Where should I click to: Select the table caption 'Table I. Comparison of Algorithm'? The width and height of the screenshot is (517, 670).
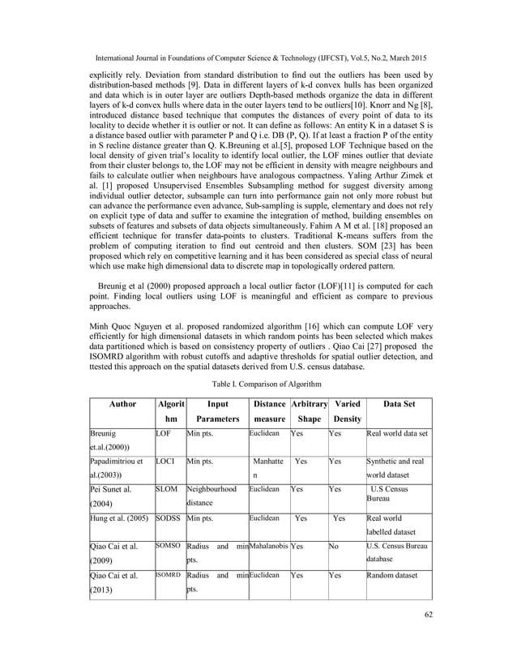[x=258, y=382]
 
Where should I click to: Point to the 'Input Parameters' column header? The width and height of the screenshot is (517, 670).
[x=215, y=411]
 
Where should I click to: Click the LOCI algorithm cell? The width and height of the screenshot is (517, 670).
[x=165, y=462]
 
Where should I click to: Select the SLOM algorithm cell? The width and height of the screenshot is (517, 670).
[x=166, y=491]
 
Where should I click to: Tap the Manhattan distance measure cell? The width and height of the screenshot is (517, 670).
[x=267, y=470]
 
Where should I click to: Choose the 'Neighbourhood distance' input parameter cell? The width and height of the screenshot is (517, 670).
[x=211, y=497]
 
